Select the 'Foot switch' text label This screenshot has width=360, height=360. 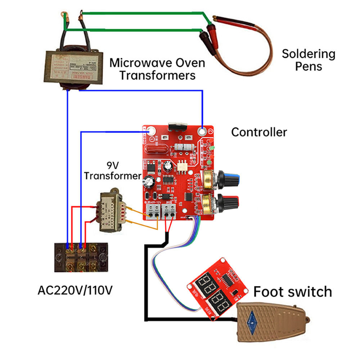(292, 291)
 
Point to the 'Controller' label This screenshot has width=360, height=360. (259, 132)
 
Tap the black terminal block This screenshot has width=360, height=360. (81, 257)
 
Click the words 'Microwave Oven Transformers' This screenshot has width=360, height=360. (157, 69)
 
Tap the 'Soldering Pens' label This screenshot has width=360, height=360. (309, 60)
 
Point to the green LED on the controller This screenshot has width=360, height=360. (213, 148)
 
